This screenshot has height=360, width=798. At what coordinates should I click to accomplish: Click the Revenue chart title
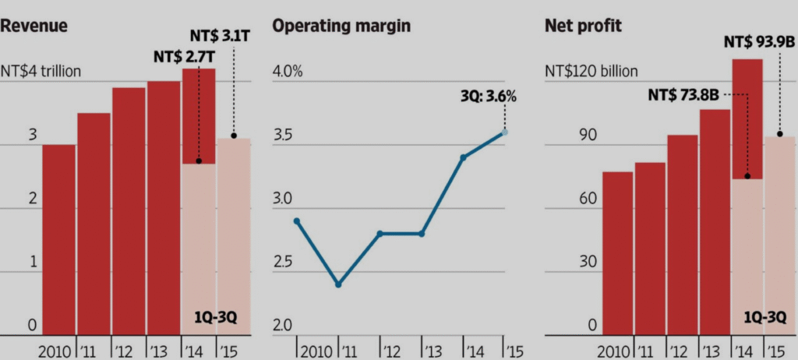coord(35,25)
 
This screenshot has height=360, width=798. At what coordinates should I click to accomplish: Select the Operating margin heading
coord(341,25)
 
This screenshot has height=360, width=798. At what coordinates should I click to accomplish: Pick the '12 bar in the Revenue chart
coord(129,211)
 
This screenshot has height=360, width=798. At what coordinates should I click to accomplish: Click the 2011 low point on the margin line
coord(338,284)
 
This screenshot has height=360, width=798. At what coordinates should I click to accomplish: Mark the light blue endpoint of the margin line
coord(504,132)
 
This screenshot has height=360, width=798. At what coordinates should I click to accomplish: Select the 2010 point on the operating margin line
coord(297,221)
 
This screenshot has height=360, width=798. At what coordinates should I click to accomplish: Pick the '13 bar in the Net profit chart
coord(715,222)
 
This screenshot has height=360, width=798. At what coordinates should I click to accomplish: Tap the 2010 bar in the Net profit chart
coord(617,253)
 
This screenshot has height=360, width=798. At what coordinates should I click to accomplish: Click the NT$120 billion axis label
coord(591,72)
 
